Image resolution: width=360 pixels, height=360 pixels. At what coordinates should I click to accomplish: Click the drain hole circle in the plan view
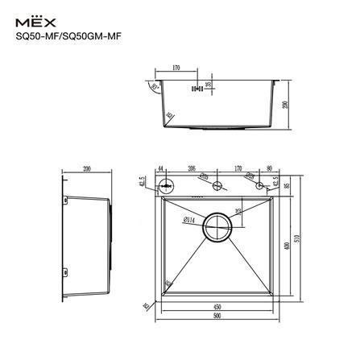pyautogui.click(x=217, y=227)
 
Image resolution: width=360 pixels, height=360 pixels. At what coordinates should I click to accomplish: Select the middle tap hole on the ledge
pyautogui.click(x=217, y=185)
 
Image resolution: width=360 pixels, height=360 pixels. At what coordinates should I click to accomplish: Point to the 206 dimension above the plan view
pyautogui.click(x=192, y=169)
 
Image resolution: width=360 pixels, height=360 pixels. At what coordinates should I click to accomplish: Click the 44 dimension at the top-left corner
pyautogui.click(x=161, y=169)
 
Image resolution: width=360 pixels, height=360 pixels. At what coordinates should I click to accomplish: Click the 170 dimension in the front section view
pyautogui.click(x=175, y=68)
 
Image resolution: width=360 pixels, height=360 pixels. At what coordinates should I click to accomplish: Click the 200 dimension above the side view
pyautogui.click(x=86, y=169)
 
